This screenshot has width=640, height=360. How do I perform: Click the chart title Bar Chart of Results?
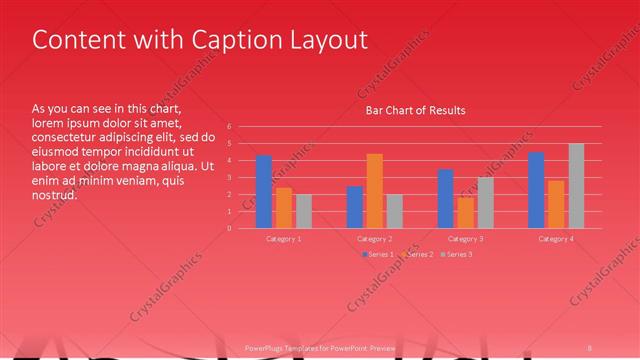(415, 110)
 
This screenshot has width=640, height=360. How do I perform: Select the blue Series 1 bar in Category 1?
(264, 191)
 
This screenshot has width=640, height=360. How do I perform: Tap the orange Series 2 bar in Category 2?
(375, 190)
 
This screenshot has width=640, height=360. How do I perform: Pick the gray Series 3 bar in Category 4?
(576, 186)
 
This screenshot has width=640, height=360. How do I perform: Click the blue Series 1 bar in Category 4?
(536, 190)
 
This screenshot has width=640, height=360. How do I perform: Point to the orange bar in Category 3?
(466, 212)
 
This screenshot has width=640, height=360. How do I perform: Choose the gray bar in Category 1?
(304, 211)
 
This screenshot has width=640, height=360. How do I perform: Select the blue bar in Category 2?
(355, 206)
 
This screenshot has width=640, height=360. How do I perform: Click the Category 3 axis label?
(465, 239)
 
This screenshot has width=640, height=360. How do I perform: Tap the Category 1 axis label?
(284, 239)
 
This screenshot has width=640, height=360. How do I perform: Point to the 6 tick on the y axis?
(229, 127)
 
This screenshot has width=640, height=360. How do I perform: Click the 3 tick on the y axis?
(229, 178)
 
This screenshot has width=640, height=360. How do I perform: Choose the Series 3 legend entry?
(458, 255)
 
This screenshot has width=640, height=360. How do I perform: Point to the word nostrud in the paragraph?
(55, 195)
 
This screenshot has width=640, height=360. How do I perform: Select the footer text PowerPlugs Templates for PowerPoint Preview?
(320, 348)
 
